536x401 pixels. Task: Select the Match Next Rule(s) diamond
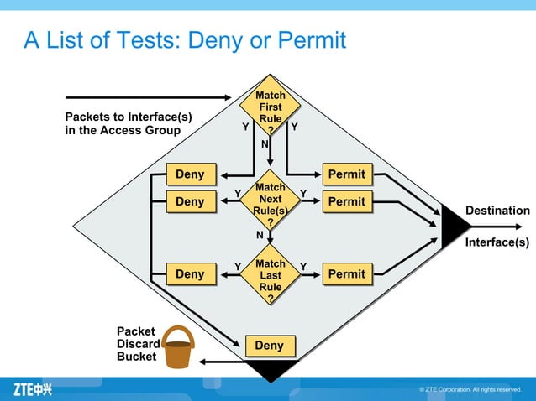point(270,200)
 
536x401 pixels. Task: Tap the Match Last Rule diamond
point(270,274)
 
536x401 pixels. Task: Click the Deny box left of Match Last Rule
point(190,273)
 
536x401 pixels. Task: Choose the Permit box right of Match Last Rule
point(347,273)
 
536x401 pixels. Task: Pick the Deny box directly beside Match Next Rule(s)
point(190,201)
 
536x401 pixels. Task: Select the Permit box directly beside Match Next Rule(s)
point(347,201)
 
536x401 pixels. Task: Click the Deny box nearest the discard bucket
point(269,346)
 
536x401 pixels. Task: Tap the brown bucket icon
point(178,347)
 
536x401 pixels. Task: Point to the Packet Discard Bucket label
point(136,344)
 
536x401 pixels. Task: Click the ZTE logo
point(33,389)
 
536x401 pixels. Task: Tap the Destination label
point(497,210)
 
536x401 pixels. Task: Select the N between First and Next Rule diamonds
point(264,144)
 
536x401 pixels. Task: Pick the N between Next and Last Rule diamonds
point(260,235)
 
